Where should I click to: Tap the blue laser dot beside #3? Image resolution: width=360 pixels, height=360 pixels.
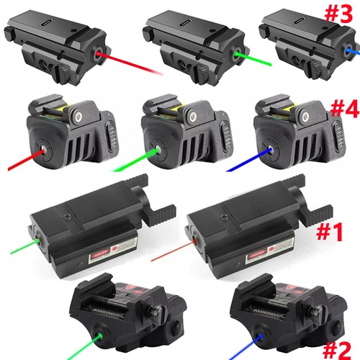click(x=328, y=51)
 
